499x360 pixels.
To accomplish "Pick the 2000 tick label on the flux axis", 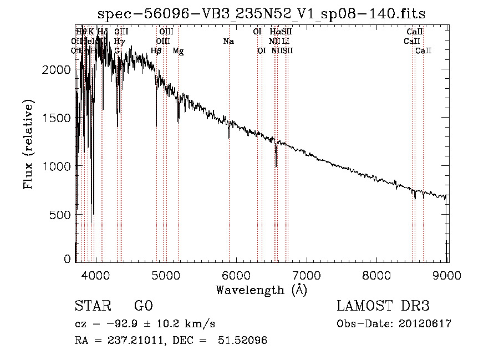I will coord(57,69).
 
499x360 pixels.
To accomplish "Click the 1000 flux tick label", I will coord(57,166).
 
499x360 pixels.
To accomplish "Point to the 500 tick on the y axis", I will coord(60,215).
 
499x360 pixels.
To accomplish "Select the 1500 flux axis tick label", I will coord(57,118).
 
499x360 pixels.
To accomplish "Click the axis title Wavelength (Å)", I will coord(261,290).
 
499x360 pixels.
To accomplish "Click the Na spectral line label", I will coord(228,41).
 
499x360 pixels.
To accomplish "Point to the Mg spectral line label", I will coord(178,51).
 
